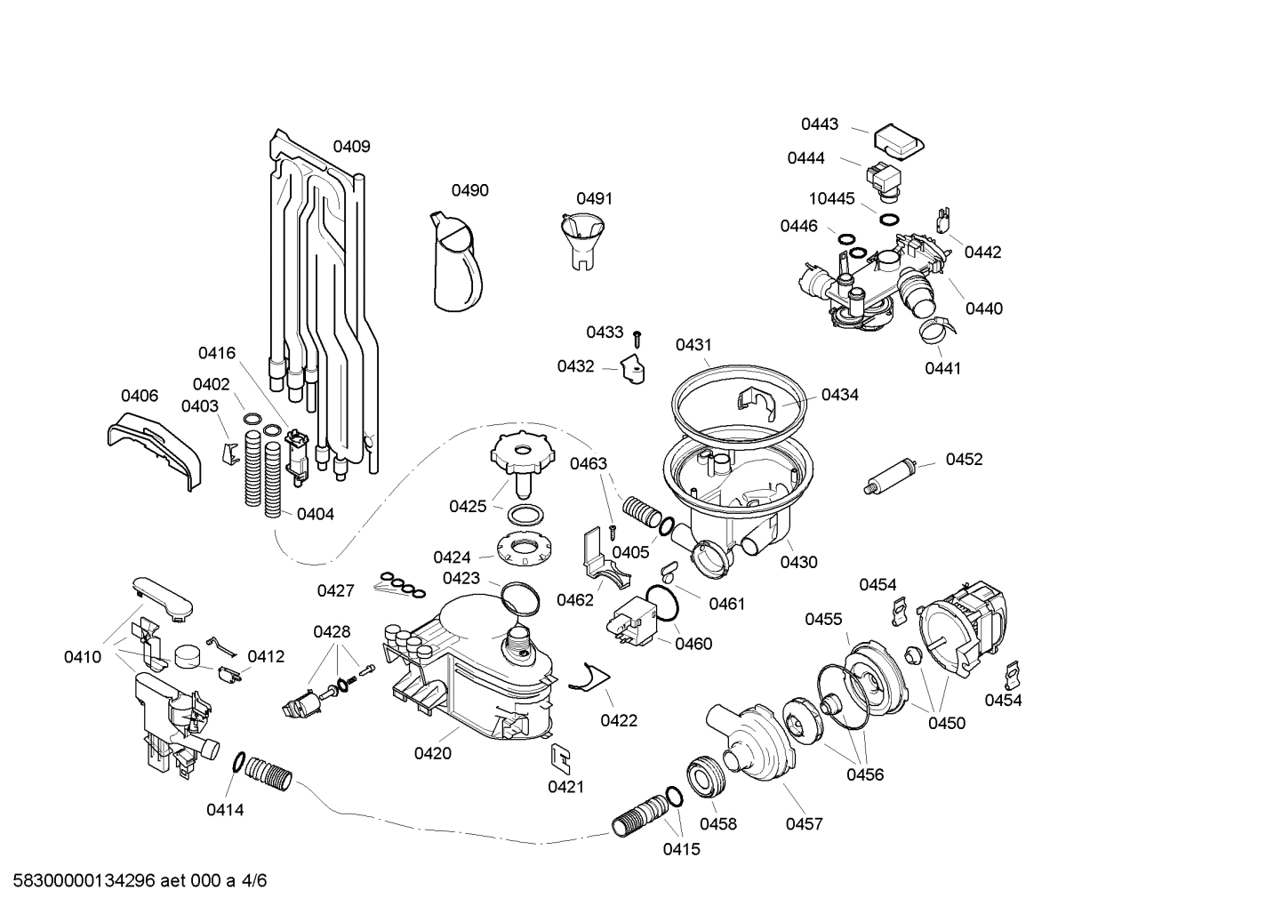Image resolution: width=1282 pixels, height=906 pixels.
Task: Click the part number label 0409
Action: [x=351, y=147]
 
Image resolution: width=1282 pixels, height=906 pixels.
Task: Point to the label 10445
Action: [x=830, y=198]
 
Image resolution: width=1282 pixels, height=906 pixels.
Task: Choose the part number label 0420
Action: [x=432, y=754]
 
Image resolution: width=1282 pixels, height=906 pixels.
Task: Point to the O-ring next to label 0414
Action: [x=238, y=762]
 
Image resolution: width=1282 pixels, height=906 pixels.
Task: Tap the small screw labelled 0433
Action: [x=637, y=338]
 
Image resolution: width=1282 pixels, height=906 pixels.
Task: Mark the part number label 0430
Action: [x=798, y=562]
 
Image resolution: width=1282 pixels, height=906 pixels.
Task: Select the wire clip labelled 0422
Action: [x=583, y=677]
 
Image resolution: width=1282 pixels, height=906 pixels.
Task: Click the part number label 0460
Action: [x=693, y=644]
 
